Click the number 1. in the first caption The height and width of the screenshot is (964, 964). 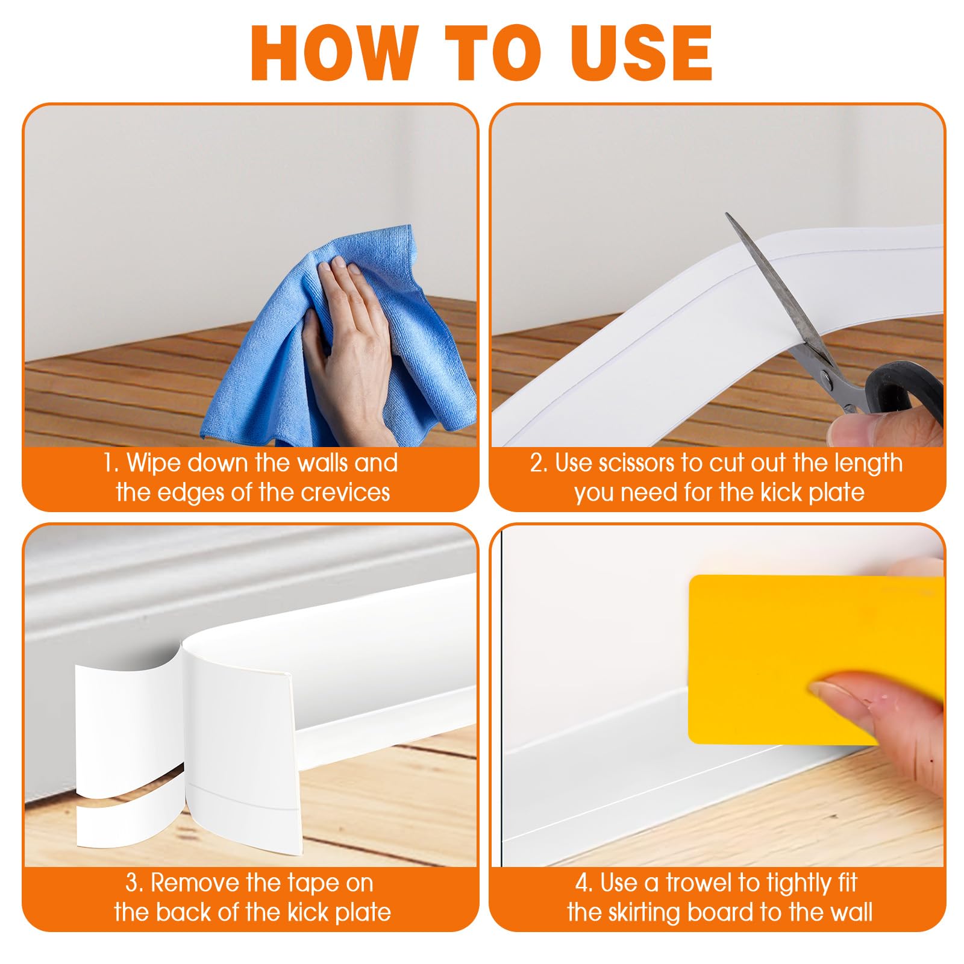(x=110, y=463)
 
